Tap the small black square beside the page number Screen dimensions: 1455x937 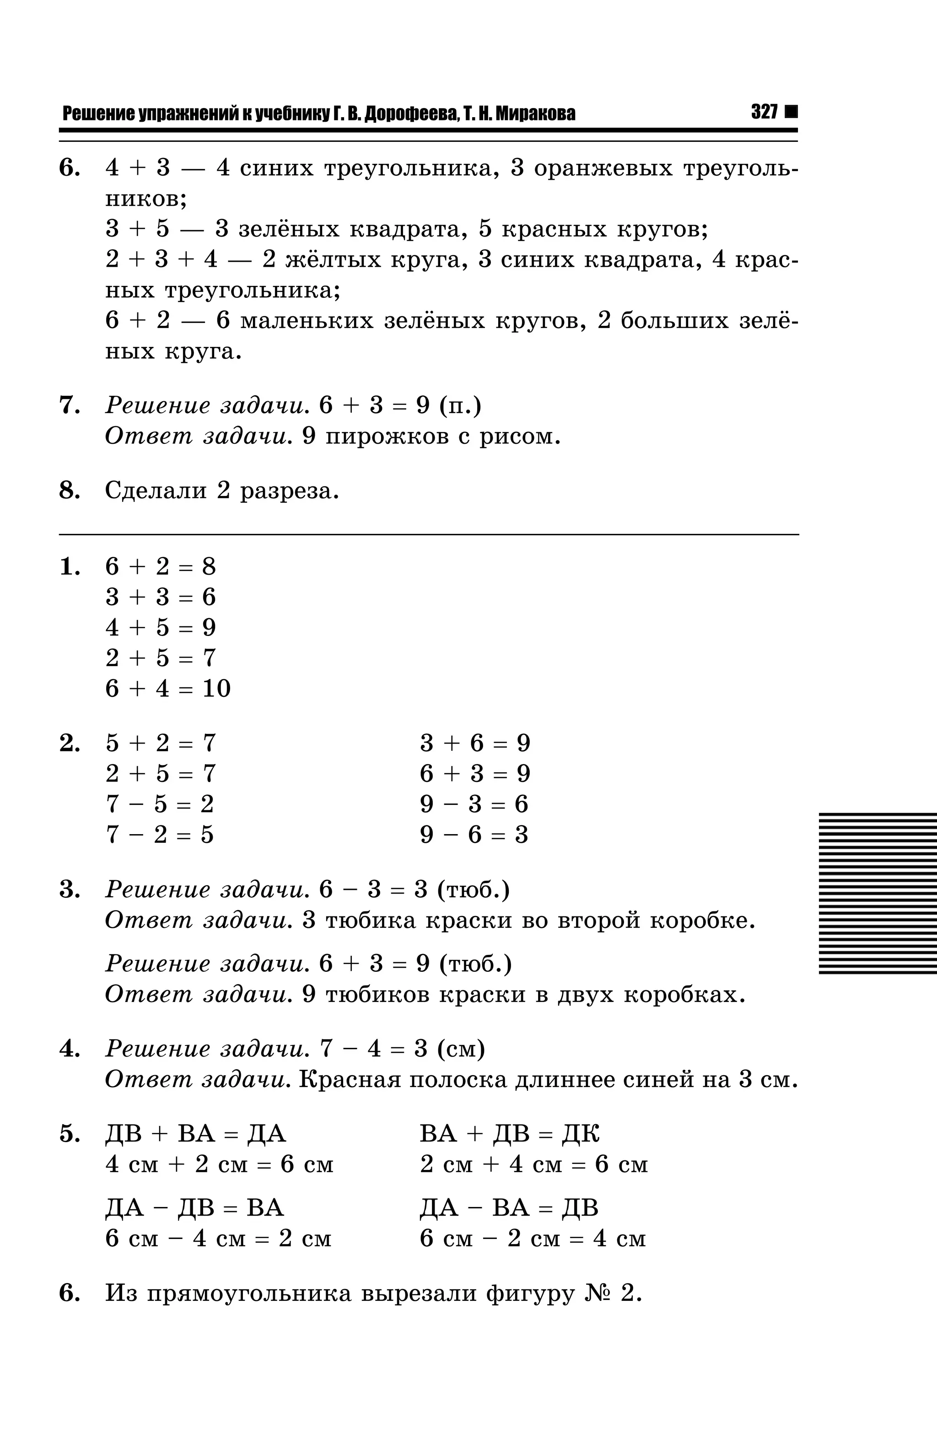[x=791, y=112]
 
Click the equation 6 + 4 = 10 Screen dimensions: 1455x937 [x=168, y=688]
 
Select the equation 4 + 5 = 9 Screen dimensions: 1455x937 [x=161, y=627]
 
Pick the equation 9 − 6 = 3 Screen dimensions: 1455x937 [x=474, y=834]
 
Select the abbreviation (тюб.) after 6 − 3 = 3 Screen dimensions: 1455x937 [x=474, y=889]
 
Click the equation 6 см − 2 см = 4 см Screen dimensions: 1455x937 [x=533, y=1239]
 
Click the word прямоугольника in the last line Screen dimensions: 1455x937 [x=249, y=1293]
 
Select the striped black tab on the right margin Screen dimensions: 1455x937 [x=878, y=893]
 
